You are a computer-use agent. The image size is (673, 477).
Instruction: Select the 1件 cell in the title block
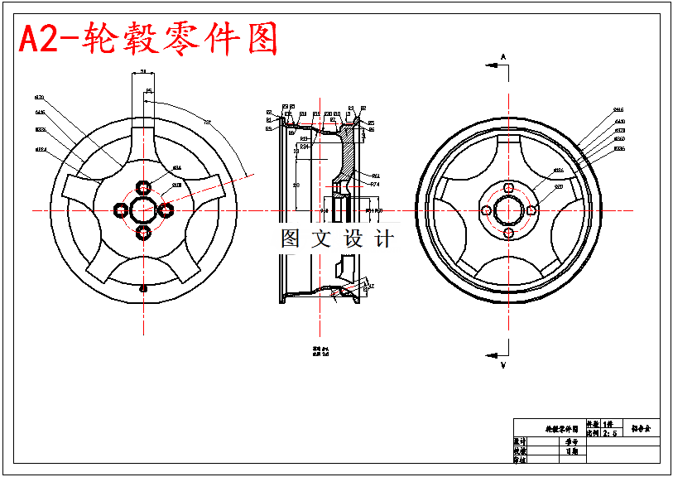coord(609,423)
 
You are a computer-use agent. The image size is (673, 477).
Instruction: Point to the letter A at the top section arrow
coord(502,56)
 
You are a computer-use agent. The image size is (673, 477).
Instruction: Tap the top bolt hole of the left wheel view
coord(143,185)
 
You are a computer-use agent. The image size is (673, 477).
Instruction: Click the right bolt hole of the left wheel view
coord(166,210)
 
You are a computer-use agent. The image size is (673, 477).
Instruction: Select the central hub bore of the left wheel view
coord(143,210)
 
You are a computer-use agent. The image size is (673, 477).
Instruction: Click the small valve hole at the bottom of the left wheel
coord(143,288)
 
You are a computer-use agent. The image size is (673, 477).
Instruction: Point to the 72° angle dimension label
coord(207,123)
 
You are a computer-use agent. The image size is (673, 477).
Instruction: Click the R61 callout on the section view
coord(375,176)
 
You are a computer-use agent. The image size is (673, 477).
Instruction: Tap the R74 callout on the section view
coord(375,185)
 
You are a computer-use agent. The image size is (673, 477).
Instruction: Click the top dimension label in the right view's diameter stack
coord(618,109)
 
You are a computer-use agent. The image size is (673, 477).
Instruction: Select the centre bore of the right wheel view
coord(507,210)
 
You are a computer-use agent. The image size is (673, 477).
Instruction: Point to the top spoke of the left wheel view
coord(143,141)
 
